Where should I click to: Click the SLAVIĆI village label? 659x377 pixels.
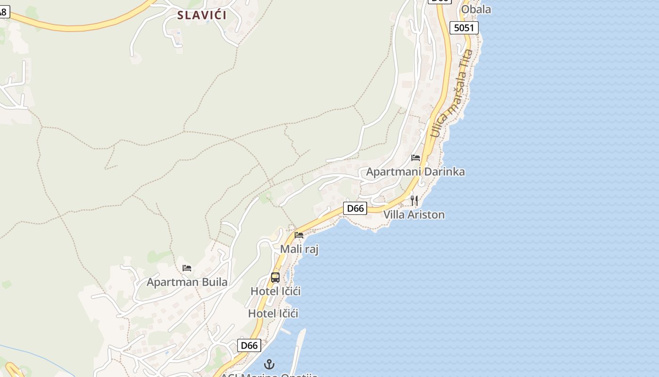[x=201, y=15]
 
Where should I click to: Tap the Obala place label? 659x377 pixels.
[x=475, y=9]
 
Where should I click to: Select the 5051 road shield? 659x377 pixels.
[x=464, y=28]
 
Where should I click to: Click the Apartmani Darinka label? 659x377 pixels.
[x=415, y=172]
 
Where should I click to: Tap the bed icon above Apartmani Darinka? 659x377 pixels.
[x=416, y=158]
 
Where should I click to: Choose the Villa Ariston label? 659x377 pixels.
[x=414, y=215]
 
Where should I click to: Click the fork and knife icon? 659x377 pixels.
[x=414, y=201]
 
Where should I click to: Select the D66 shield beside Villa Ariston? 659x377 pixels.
[x=355, y=208]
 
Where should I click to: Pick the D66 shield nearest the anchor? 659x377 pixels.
[x=249, y=345]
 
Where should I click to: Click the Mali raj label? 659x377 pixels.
[x=299, y=249]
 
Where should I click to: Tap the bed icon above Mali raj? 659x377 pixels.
[x=299, y=235]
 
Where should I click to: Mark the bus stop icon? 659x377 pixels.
[x=275, y=278]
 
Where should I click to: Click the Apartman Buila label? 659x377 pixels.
[x=187, y=282]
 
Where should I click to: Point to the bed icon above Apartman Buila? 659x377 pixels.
[x=187, y=268]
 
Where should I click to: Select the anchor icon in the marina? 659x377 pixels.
[x=269, y=364]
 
